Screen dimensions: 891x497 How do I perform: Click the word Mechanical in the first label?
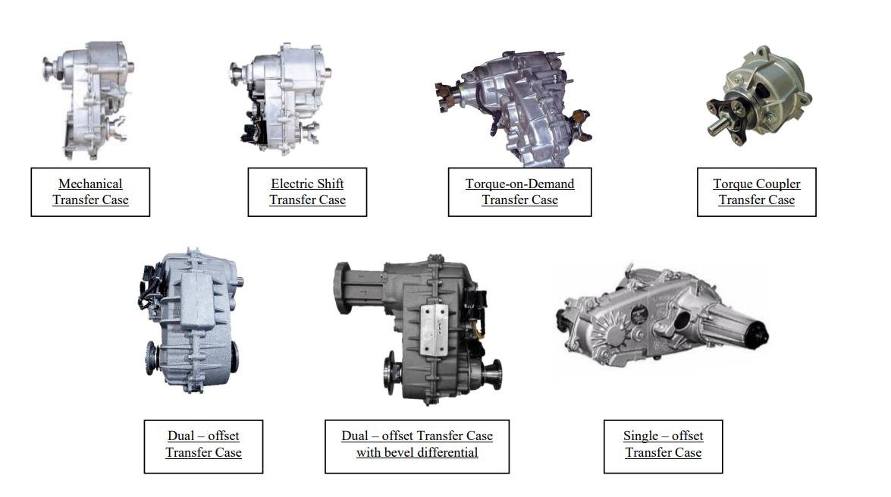pyautogui.click(x=90, y=184)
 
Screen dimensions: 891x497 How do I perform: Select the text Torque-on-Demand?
pyautogui.click(x=520, y=184)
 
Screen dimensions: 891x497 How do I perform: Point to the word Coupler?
pyautogui.click(x=776, y=184)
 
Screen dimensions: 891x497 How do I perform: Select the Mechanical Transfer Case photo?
pyautogui.click(x=89, y=100)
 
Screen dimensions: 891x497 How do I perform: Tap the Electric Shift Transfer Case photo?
pyautogui.click(x=281, y=99)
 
